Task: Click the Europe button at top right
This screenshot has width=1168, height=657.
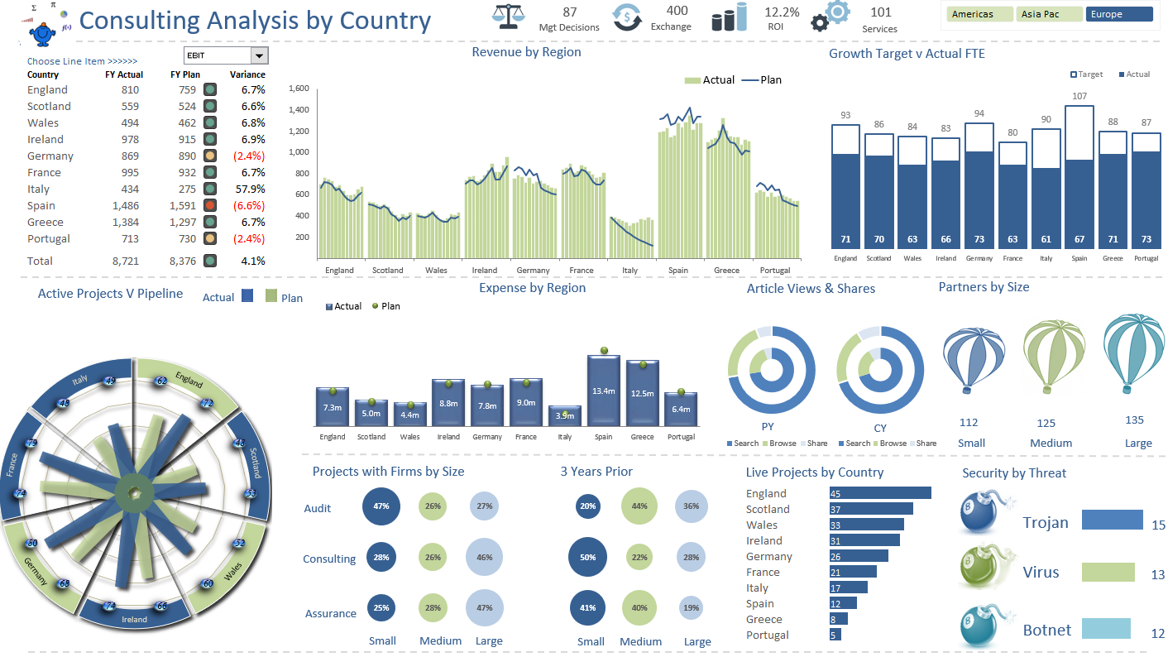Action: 1118,14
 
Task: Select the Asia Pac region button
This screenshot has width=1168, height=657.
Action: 1049,14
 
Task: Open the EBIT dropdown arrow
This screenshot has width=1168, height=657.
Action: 260,55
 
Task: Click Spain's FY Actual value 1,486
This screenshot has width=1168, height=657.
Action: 126,205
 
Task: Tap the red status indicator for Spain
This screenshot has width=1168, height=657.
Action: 210,205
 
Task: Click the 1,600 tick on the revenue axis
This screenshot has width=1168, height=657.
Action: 299,89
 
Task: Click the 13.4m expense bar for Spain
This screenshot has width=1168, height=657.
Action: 603,391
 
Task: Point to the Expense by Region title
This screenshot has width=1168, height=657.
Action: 532,288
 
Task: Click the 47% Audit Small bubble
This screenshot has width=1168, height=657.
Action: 381,506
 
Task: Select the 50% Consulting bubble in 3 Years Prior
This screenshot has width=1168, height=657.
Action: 587,557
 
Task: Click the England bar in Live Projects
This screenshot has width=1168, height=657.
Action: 880,493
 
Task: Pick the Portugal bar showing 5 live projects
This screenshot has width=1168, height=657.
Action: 835,635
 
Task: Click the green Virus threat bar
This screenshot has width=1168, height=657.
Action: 1108,573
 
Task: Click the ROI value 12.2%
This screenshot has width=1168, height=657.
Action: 781,12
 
